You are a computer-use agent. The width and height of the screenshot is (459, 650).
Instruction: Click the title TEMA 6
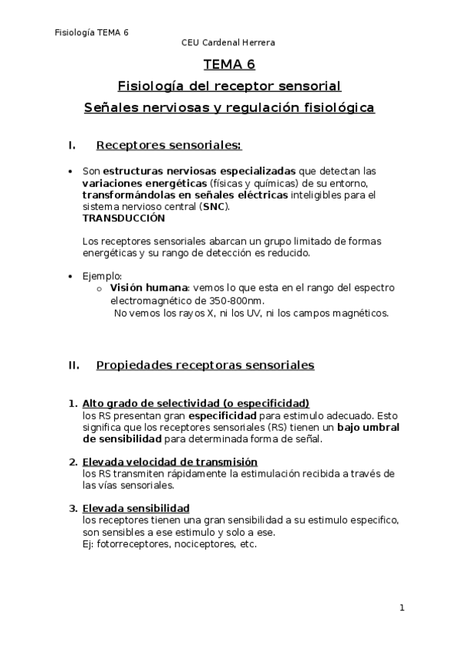(229, 65)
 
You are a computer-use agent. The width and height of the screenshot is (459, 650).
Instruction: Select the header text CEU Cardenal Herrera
(228, 43)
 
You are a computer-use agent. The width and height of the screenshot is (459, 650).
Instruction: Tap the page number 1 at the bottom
(402, 608)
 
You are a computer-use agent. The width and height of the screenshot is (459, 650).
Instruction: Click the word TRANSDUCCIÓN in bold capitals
(123, 218)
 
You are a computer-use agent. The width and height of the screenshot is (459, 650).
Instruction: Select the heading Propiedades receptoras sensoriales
(205, 366)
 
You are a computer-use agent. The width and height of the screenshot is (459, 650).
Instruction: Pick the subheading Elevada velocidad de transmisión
(169, 462)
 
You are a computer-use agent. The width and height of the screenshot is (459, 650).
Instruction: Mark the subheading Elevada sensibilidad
(136, 508)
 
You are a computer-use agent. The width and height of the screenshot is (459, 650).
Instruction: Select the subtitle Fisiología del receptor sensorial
(229, 86)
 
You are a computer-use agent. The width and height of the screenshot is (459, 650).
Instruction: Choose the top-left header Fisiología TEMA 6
(92, 32)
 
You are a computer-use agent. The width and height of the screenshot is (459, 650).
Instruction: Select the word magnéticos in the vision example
(362, 313)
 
